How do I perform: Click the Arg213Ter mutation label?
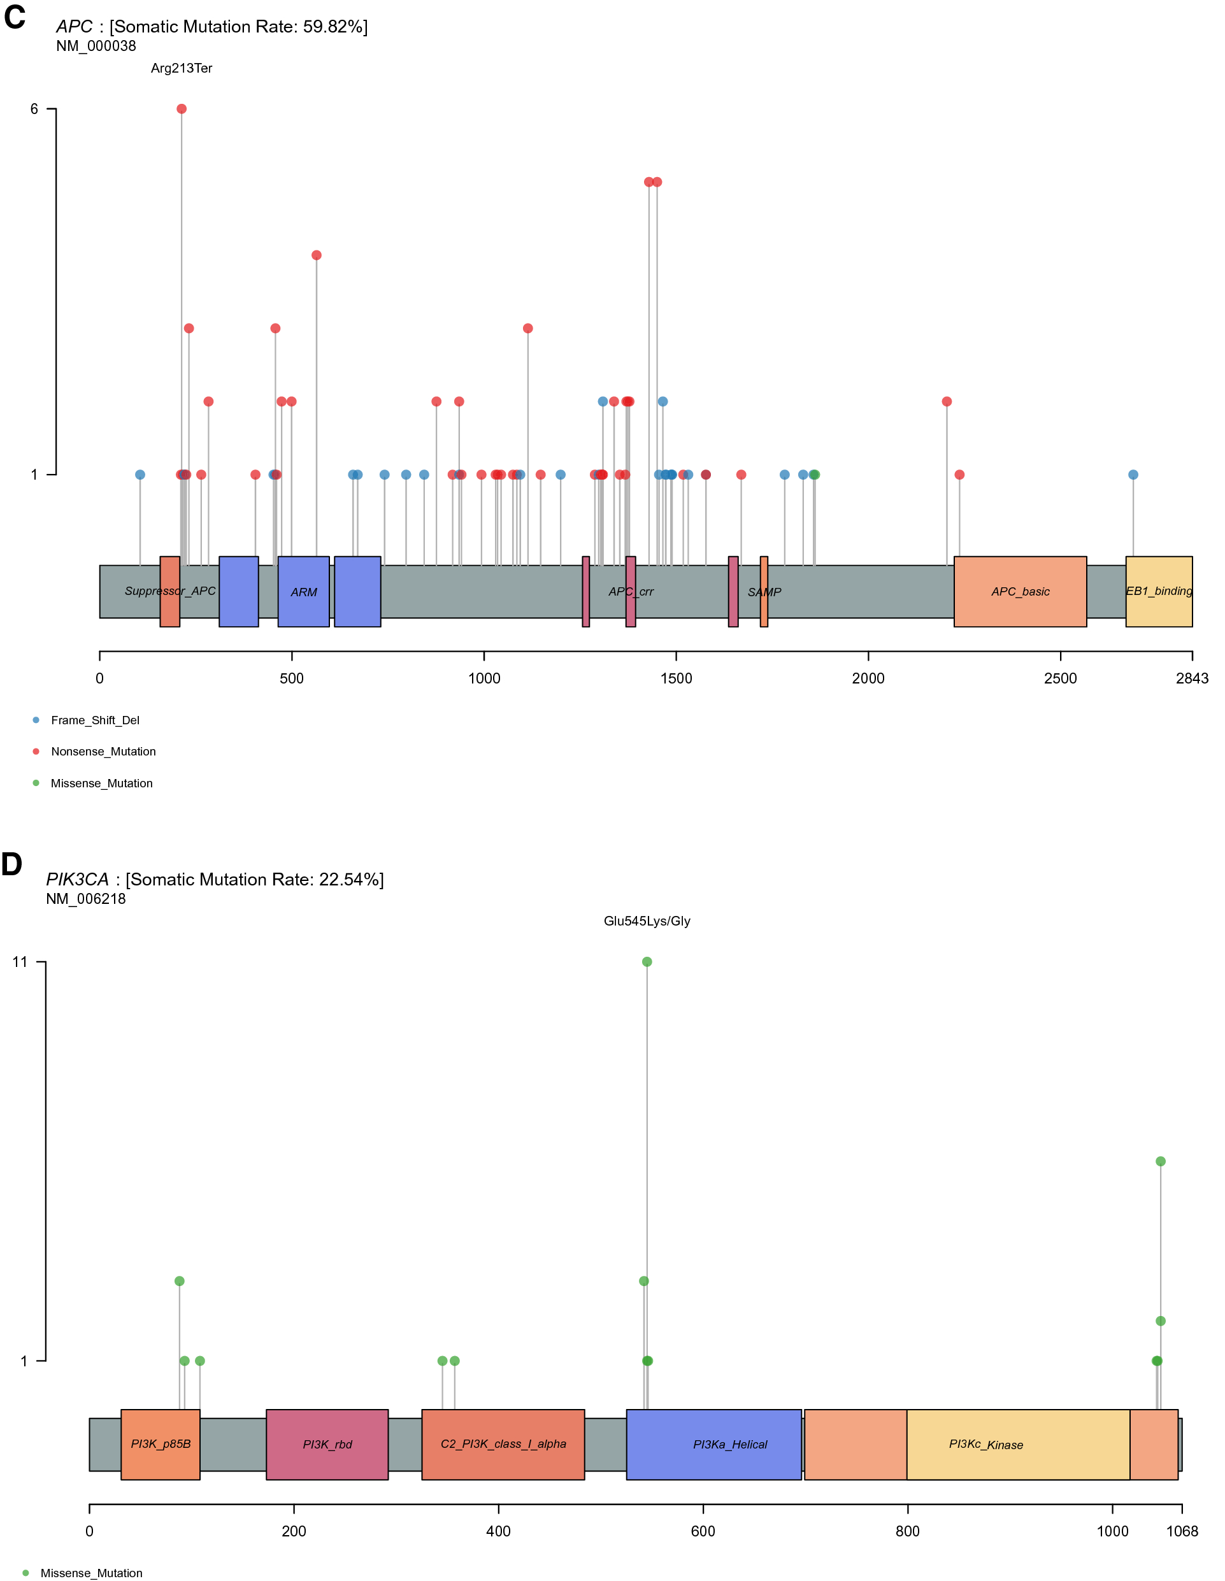[181, 68]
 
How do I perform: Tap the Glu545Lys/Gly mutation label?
[647, 921]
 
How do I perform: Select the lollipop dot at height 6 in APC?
[182, 108]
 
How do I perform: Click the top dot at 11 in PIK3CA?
[647, 961]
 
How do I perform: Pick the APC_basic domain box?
[1019, 591]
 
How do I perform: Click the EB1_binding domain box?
[1158, 591]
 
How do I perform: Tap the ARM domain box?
[303, 591]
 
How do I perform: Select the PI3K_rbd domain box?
[327, 1444]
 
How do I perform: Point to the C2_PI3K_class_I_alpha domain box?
[503, 1444]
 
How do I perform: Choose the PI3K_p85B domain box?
[160, 1444]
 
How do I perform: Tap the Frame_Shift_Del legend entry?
[95, 720]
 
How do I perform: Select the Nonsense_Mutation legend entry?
[103, 752]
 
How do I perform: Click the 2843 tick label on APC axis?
[1192, 678]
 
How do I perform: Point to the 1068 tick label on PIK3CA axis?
[1182, 1531]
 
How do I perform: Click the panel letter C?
[15, 17]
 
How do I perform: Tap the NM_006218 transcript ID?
[85, 898]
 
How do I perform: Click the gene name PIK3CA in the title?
[78, 879]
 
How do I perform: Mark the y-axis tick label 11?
[20, 961]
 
